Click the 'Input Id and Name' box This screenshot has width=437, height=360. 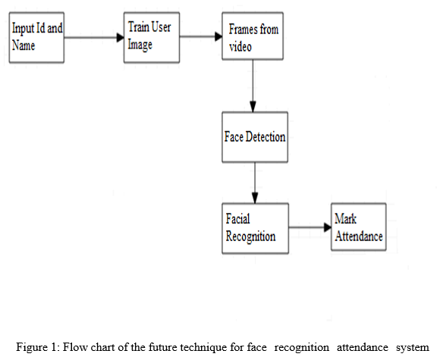coord(36,37)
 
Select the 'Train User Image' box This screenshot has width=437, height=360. coord(152,37)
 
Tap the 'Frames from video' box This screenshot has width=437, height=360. coord(253,36)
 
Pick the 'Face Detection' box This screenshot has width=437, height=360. coord(255,137)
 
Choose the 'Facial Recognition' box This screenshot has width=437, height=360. coord(255,228)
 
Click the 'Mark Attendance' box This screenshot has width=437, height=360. coord(359,227)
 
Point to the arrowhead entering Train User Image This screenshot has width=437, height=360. coord(121,37)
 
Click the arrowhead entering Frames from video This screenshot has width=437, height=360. coord(218,36)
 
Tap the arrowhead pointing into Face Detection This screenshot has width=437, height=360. coord(253,107)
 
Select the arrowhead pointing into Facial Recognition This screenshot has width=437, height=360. coord(255,199)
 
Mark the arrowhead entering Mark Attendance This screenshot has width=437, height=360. coord(328,227)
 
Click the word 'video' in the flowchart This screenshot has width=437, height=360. coord(241,46)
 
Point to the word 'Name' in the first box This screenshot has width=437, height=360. coord(24,45)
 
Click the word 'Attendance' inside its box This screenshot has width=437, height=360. coord(359,236)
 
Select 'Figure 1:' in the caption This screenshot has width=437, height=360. coord(38,347)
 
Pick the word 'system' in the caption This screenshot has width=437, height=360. coord(413,348)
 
